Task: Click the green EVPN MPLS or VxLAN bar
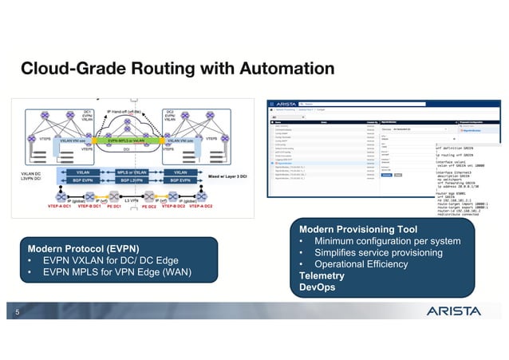pos(128,140)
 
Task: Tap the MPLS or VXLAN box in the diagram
pos(128,172)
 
